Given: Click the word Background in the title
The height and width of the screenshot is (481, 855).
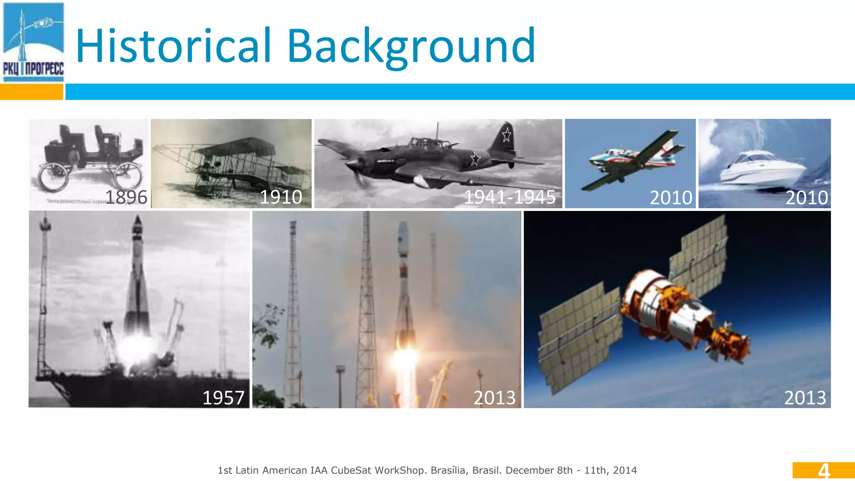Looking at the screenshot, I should [411, 46].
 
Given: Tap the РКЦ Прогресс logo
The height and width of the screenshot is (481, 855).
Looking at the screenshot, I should [33, 42].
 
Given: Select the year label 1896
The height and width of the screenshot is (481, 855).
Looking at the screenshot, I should [126, 197].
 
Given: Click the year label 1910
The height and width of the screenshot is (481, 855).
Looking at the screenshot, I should [281, 197].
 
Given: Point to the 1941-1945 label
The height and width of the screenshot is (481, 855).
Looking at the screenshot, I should [510, 197].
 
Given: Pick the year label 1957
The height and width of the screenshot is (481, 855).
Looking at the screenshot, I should [223, 397].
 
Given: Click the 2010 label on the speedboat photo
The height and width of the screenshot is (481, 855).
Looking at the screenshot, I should [807, 197].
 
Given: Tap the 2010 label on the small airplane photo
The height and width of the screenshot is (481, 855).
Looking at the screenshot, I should [671, 197].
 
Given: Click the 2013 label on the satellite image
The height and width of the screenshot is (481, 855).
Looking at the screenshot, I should [805, 397].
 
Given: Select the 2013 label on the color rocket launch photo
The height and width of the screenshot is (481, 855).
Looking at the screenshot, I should [495, 397].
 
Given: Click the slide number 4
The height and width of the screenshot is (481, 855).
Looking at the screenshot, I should [823, 471].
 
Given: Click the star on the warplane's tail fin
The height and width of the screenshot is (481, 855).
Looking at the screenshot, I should [506, 135].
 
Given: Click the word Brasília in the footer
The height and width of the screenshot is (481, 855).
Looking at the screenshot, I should [448, 471].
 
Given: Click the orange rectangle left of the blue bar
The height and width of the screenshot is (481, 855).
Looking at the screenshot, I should [31, 92].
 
